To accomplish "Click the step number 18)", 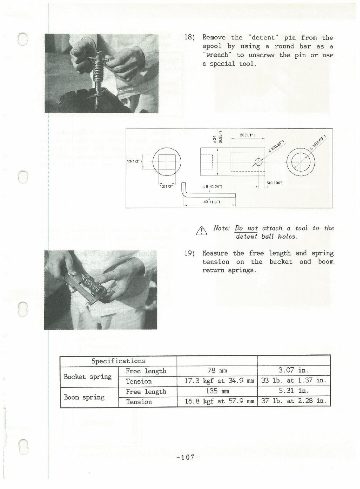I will point(190,38).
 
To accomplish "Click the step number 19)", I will point(190,253).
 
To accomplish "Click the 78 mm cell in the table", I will point(217,371).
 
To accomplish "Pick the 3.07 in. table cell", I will point(294,371).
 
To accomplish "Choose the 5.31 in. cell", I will point(294,391).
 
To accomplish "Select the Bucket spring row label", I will point(88,377).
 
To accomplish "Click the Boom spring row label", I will point(84,397).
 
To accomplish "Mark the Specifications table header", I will point(118,361).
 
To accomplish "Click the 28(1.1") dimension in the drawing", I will point(247,135).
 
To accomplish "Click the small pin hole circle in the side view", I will point(258,162).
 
